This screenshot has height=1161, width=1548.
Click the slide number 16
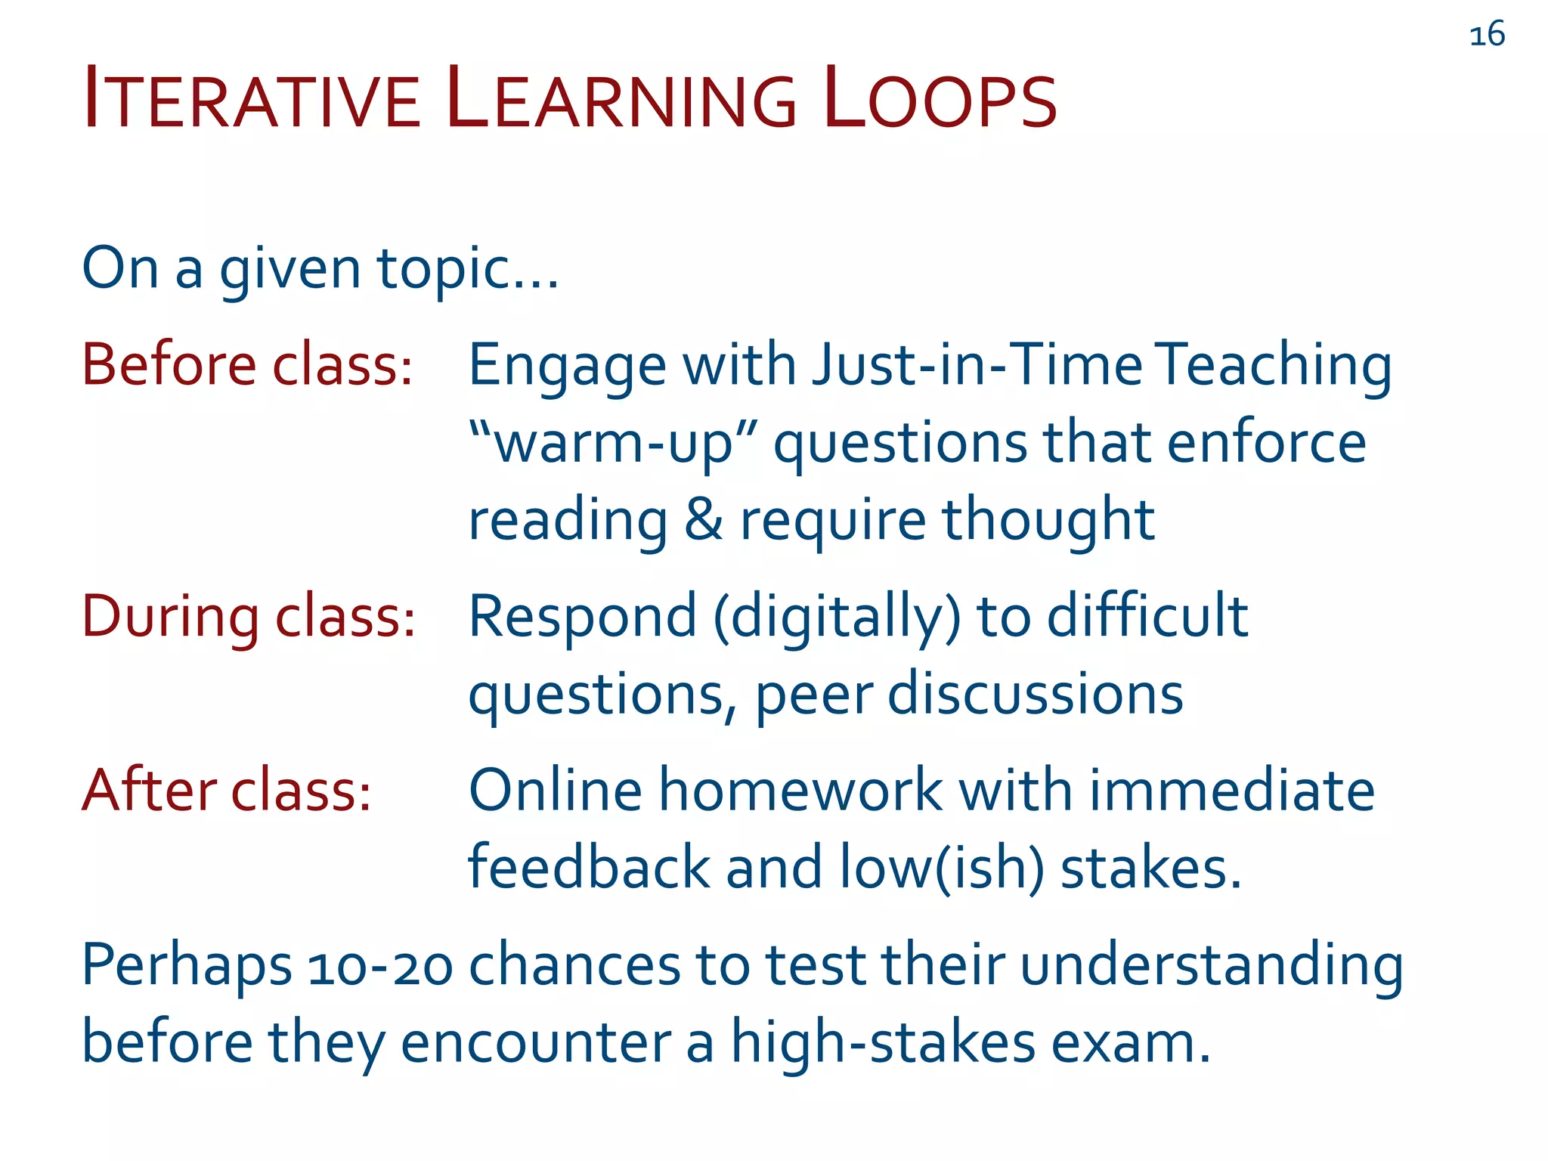point(1487,35)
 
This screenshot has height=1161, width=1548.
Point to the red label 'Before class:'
point(247,365)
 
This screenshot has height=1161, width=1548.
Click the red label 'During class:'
point(249,617)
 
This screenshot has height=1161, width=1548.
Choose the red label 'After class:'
point(227,791)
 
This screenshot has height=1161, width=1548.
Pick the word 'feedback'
point(589,868)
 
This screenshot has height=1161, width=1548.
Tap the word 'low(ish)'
point(942,868)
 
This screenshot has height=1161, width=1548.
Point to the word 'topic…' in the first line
point(468,269)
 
